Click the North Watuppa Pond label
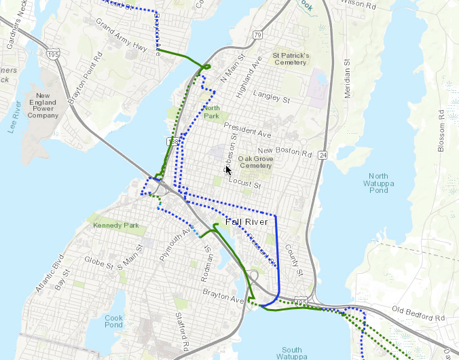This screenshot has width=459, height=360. point(374,183)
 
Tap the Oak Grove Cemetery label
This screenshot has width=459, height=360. point(255,162)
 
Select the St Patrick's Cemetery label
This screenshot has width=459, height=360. point(291,58)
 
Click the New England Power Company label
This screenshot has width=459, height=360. point(43,105)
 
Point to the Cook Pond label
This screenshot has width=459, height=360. point(114,321)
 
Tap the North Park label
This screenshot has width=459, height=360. point(212,112)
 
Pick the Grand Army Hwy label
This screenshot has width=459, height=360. point(121,37)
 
